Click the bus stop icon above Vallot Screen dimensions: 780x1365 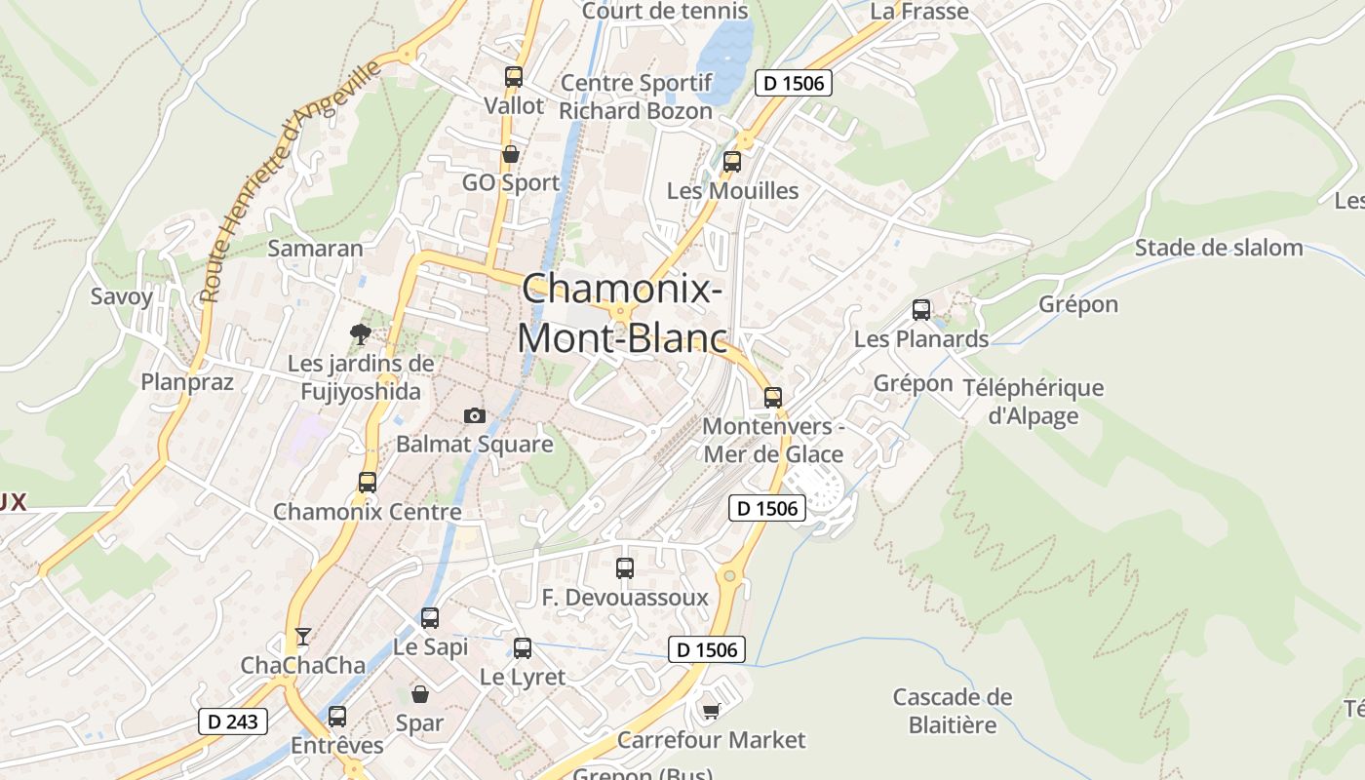514,77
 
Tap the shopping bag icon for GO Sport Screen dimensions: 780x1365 510,154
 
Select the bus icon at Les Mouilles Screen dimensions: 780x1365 732,162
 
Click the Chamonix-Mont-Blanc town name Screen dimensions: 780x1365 622,313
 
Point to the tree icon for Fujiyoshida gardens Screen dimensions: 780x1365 361,334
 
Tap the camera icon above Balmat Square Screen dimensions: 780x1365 475,415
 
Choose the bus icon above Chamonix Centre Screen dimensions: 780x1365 368,482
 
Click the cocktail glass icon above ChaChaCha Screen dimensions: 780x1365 303,637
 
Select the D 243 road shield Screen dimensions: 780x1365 233,721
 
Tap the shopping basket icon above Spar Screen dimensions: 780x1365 420,694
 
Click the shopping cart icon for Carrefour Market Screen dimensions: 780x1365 711,711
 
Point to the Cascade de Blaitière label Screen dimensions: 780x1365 953,711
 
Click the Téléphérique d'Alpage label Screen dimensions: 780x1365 1033,402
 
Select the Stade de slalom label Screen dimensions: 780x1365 1219,248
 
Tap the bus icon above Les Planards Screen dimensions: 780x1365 921,310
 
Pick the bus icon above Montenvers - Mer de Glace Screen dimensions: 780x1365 773,397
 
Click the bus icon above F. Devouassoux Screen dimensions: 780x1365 625,567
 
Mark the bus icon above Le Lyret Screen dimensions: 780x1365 523,647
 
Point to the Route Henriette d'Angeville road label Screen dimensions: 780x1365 289,183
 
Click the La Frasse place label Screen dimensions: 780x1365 919,12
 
